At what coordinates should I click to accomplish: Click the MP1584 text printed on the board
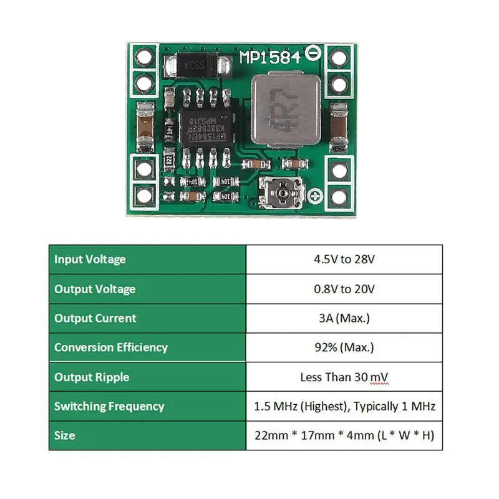[x=270, y=58]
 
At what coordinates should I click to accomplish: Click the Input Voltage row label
[x=90, y=259]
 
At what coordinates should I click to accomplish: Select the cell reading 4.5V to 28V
[x=344, y=259]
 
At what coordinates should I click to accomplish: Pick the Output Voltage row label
[x=95, y=289]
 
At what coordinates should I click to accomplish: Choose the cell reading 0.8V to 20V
[x=344, y=289]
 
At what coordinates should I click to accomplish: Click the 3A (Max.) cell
[x=344, y=318]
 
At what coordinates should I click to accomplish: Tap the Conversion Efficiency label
[x=111, y=347]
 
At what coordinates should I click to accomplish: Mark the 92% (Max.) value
[x=344, y=347]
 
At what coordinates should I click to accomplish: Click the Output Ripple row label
[x=92, y=377]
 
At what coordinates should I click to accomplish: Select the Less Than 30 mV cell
[x=344, y=377]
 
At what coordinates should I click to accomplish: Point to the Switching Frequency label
[x=109, y=406]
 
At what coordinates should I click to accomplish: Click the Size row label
[x=65, y=435]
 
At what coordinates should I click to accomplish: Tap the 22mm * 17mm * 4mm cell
[x=344, y=435]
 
